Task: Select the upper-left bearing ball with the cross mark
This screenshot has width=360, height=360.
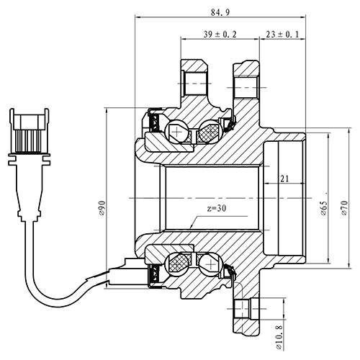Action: [177, 132]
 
